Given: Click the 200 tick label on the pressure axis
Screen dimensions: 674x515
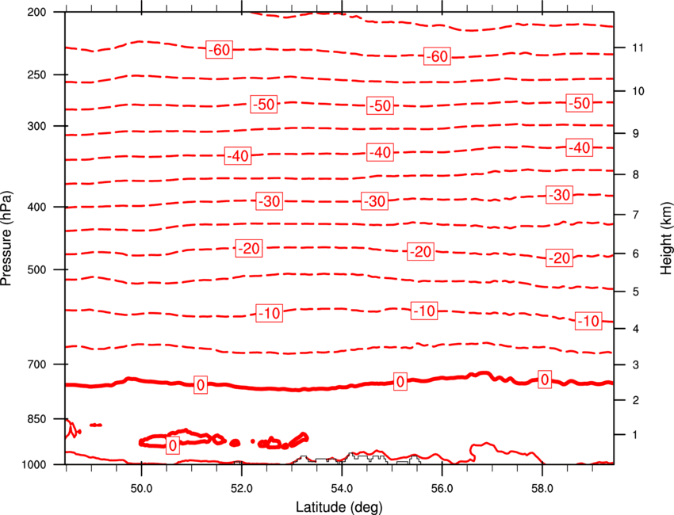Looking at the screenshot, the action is pyautogui.click(x=36, y=12).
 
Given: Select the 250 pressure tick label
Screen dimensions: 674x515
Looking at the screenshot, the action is pyautogui.click(x=36, y=74).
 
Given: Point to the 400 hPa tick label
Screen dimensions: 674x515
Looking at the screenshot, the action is pyautogui.click(x=36, y=207).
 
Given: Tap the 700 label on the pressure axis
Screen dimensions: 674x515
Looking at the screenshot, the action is pyautogui.click(x=36, y=364).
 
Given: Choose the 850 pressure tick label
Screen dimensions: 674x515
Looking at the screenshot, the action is pyautogui.click(x=36, y=419).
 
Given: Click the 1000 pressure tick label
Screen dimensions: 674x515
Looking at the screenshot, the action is pyautogui.click(x=34, y=464).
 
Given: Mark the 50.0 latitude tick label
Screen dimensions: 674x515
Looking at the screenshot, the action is pyautogui.click(x=141, y=488).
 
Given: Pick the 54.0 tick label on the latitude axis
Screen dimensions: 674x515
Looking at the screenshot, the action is pyautogui.click(x=342, y=488).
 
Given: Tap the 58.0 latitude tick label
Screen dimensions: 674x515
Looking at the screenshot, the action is pyautogui.click(x=542, y=488).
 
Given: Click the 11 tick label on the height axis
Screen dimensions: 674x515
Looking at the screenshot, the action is pyautogui.click(x=638, y=48).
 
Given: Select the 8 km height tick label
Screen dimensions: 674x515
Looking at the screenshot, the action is pyautogui.click(x=636, y=174).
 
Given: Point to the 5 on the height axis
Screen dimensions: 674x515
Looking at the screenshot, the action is pyautogui.click(x=636, y=292).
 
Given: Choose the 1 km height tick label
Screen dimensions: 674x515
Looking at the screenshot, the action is pyautogui.click(x=635, y=435).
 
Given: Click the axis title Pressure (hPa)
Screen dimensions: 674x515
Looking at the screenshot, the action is pyautogui.click(x=6, y=238).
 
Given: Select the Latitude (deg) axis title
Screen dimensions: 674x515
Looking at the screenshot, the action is pyautogui.click(x=339, y=507).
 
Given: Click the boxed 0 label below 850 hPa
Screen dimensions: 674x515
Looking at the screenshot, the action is pyautogui.click(x=173, y=445).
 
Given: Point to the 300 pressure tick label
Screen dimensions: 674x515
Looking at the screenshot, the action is pyautogui.click(x=36, y=126).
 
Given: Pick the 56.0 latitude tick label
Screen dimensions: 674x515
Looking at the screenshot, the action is pyautogui.click(x=442, y=488).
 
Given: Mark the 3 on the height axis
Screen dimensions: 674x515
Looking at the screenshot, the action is pyautogui.click(x=636, y=365).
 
